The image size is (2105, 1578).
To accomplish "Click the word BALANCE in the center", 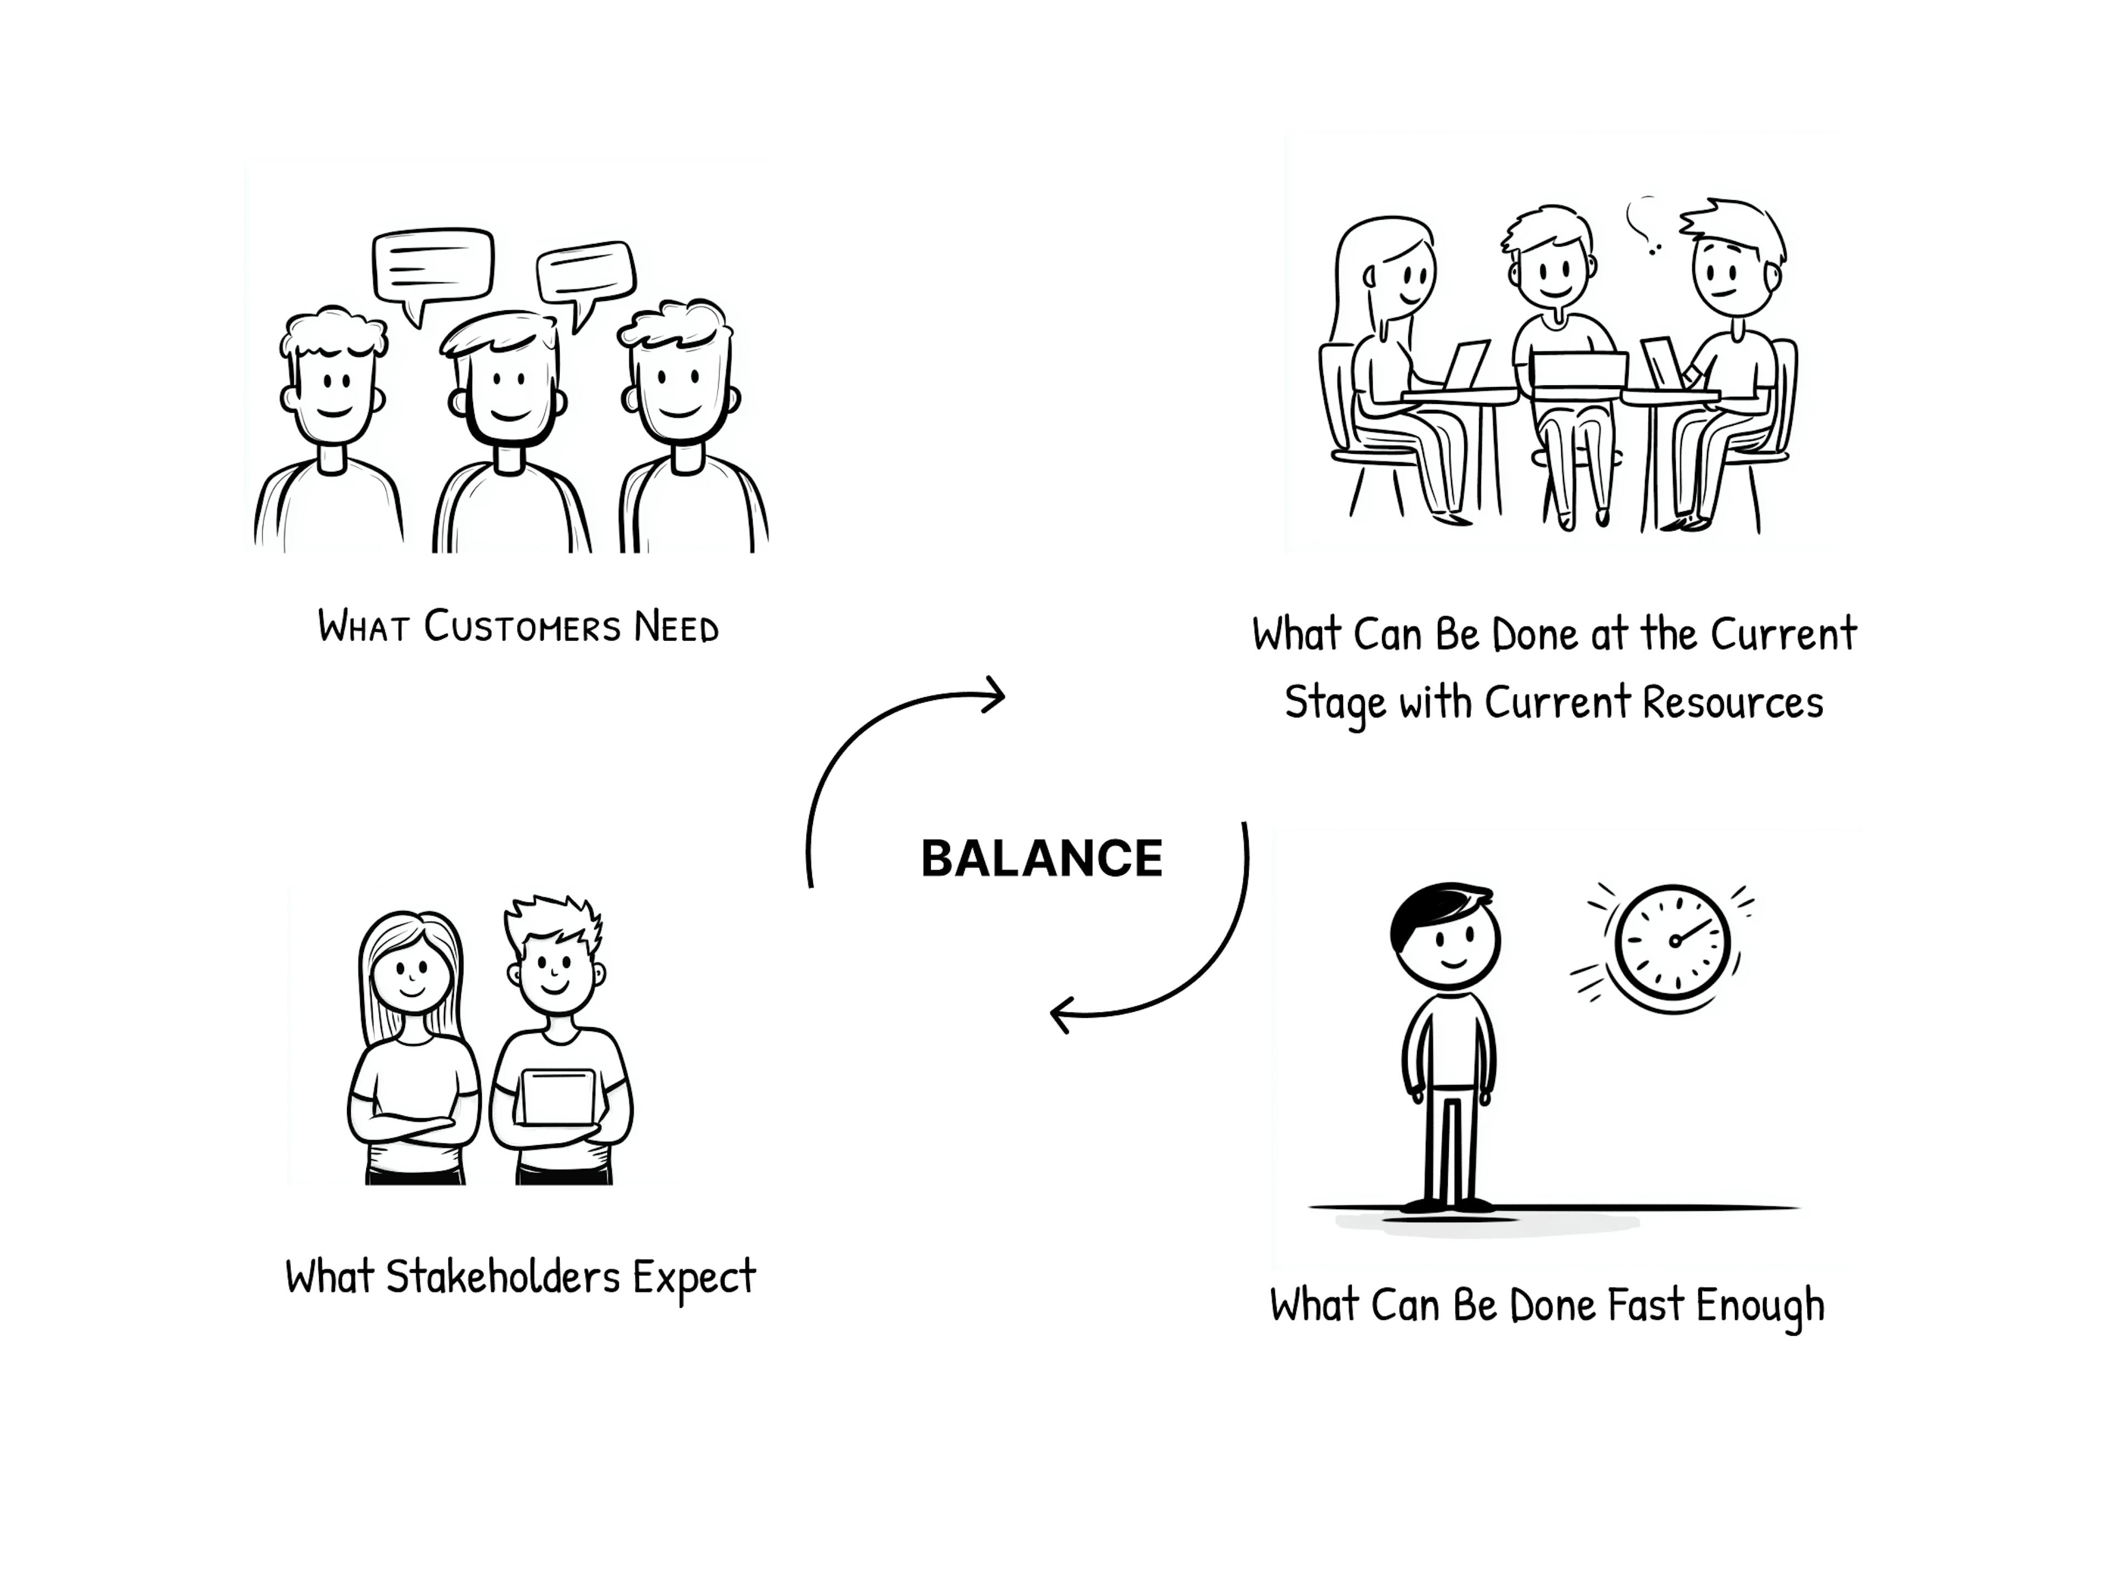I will pyautogui.click(x=1041, y=858).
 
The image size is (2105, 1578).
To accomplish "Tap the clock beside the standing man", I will pyautogui.click(x=1672, y=942).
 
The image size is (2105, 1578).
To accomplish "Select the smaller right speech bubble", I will pyautogui.click(x=585, y=272).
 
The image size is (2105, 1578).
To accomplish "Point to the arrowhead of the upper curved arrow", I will pyautogui.click(x=994, y=696).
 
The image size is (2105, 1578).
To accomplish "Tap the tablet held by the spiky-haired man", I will pyautogui.click(x=559, y=1097).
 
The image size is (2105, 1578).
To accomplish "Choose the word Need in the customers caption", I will pyautogui.click(x=676, y=627).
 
